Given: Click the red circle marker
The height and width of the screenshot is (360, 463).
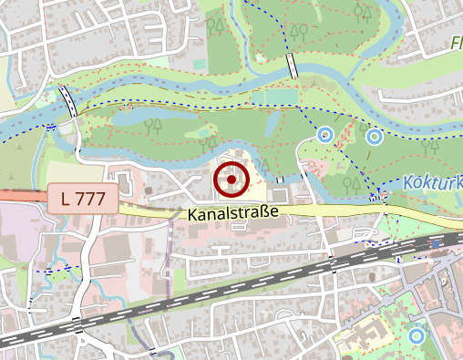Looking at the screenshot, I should [231, 180].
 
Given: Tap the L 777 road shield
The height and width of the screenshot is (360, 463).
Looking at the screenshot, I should [83, 198].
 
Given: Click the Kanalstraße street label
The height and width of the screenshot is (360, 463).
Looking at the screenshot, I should [232, 215].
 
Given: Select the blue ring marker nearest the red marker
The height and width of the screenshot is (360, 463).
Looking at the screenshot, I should [324, 135].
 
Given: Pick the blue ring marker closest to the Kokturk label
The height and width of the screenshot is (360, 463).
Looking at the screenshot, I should [373, 137].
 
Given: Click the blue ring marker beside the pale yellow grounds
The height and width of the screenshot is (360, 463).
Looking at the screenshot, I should [417, 335].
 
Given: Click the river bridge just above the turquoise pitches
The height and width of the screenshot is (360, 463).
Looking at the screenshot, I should [292, 66].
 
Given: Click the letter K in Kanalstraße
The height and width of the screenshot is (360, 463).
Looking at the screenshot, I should [194, 215].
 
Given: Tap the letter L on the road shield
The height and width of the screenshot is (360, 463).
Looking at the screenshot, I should [67, 198].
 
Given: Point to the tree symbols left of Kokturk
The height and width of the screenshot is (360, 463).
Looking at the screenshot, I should [349, 183].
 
